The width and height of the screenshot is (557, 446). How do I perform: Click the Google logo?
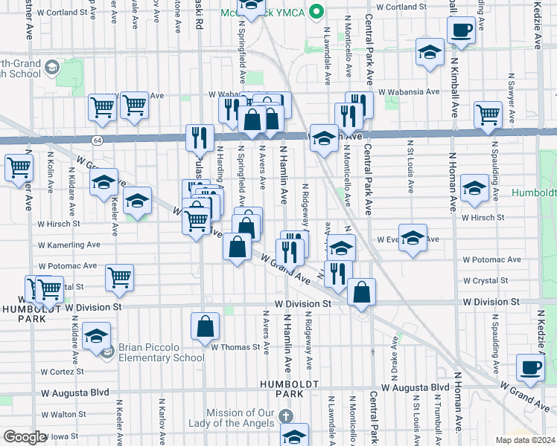click(x=25, y=436)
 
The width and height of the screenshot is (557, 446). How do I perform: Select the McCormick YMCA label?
click(x=264, y=13)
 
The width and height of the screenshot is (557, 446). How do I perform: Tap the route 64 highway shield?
click(x=98, y=140)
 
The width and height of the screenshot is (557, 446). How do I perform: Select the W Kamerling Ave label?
click(x=68, y=244)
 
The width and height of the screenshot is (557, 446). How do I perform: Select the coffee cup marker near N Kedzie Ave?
click(x=531, y=367)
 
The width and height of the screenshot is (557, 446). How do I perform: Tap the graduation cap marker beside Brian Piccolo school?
click(x=96, y=336)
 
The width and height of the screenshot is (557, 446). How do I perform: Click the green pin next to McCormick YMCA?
click(x=317, y=12)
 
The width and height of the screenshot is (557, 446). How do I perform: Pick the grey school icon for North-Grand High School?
click(x=51, y=68)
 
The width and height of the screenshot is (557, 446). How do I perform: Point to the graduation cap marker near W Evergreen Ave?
click(x=413, y=238)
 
